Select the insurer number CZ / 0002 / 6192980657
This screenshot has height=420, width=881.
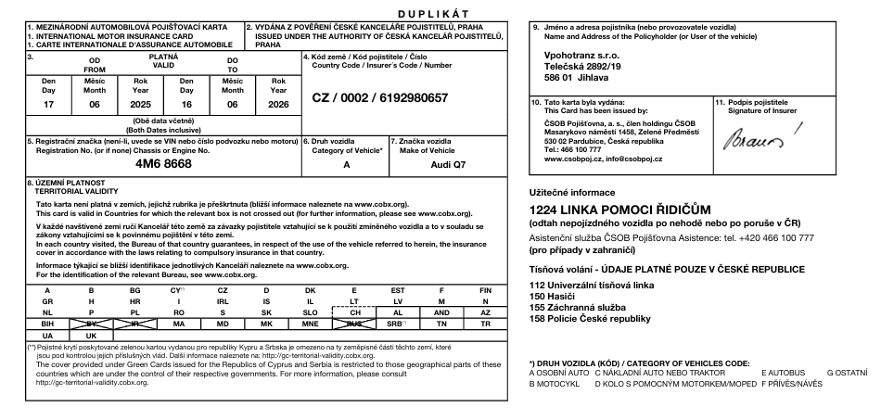pyautogui.click(x=379, y=97)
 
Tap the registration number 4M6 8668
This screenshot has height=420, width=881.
pyautogui.click(x=163, y=163)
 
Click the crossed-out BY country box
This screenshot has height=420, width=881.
pyautogui.click(x=91, y=324)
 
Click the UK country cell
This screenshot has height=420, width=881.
pyautogui.click(x=91, y=335)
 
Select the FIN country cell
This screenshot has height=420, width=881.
pyautogui.click(x=485, y=290)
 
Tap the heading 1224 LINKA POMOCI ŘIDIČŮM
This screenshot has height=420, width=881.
pyautogui.click(x=619, y=210)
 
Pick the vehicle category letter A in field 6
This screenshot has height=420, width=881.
pyautogui.click(x=346, y=163)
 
